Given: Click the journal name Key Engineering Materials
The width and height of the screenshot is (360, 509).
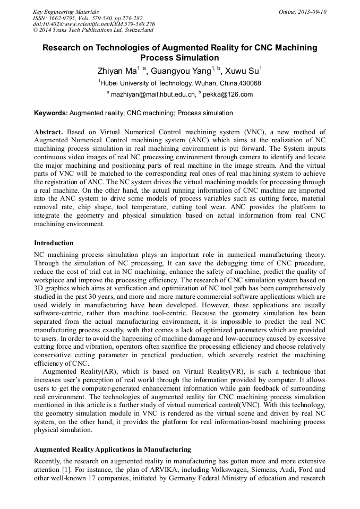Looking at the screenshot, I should point(66,12).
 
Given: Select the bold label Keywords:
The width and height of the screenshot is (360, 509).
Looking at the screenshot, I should point(51,113).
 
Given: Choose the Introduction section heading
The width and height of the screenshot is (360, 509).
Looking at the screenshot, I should point(54,243).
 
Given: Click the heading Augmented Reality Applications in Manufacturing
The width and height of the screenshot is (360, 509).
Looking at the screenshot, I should point(112,450).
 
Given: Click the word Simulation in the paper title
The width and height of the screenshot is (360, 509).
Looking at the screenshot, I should point(191,57).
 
